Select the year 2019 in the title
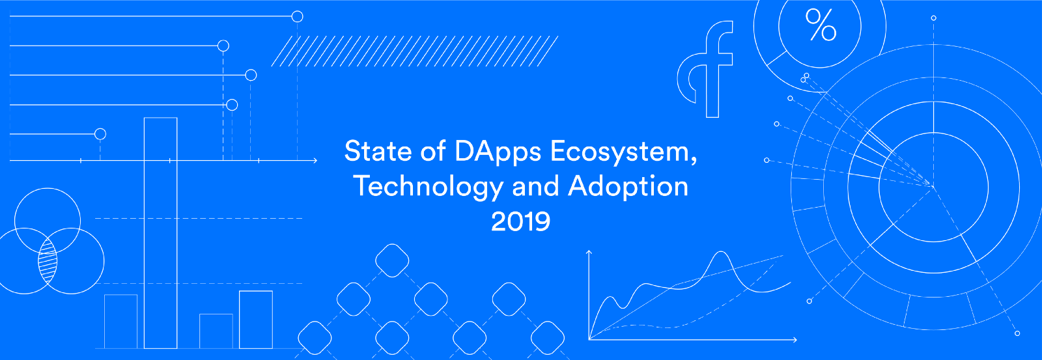coord(520,221)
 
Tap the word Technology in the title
coord(428,187)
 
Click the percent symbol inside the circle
coord(821,26)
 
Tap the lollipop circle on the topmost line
coord(297,16)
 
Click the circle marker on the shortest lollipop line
coord(100,134)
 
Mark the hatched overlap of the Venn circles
coord(48,261)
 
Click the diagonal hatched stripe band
coord(414,51)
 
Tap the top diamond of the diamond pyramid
coord(392,260)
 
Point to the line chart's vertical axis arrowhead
coord(589,251)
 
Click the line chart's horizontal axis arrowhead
coord(795,339)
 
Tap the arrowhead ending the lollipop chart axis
coord(315,160)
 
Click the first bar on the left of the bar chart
coord(121,321)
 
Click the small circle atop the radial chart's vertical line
coord(933,18)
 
